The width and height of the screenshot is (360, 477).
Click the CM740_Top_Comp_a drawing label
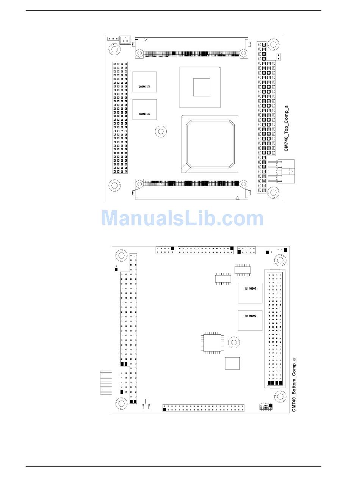click(286, 129)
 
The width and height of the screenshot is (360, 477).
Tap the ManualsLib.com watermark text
click(182, 219)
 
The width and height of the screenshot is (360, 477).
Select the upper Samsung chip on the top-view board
click(144, 82)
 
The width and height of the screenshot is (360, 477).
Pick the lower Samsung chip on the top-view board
click(144, 109)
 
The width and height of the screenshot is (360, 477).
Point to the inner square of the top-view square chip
click(202, 87)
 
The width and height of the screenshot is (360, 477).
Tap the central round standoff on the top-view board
click(161, 131)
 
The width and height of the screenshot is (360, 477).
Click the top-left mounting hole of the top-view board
click(114, 49)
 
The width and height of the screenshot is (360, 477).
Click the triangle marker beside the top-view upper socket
click(146, 39)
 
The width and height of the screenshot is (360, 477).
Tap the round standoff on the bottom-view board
click(234, 343)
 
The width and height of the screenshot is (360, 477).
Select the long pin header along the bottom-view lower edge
click(203, 408)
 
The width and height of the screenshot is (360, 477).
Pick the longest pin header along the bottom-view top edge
click(206, 250)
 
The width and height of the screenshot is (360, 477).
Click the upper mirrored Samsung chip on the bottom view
click(250, 293)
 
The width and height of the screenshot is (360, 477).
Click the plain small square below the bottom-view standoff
click(232, 363)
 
